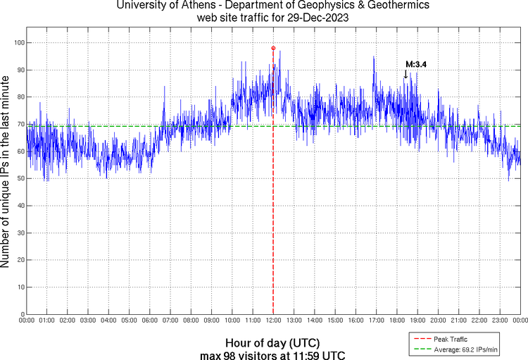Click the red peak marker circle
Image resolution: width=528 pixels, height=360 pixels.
273,48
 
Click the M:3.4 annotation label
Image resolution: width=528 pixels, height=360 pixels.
416,64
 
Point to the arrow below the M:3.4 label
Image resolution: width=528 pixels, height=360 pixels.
406,74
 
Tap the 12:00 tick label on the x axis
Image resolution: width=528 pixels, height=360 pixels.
273,321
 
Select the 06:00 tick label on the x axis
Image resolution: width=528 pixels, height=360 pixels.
150,321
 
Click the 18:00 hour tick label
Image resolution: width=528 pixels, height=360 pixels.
397,321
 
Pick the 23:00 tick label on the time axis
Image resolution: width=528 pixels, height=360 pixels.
500,321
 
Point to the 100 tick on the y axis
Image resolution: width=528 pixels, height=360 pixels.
18,43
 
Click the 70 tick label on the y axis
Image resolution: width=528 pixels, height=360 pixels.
19,125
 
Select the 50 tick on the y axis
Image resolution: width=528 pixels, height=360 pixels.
19,179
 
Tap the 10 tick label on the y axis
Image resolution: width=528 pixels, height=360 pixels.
19,287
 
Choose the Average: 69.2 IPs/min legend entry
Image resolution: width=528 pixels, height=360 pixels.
465,349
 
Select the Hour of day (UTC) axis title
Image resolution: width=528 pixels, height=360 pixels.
273,342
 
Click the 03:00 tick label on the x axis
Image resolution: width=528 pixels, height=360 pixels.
88,321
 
